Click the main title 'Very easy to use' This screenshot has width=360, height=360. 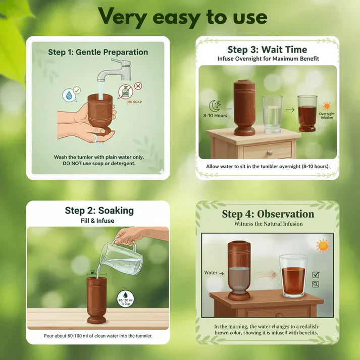point(182,16)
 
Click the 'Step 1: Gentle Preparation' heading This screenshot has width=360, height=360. point(98,52)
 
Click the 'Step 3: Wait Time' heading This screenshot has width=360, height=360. point(267,49)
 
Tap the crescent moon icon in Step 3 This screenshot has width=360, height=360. point(214,106)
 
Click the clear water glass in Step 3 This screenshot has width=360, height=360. point(272,115)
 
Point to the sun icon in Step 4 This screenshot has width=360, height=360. point(322,245)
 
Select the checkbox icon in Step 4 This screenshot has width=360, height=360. point(316,275)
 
